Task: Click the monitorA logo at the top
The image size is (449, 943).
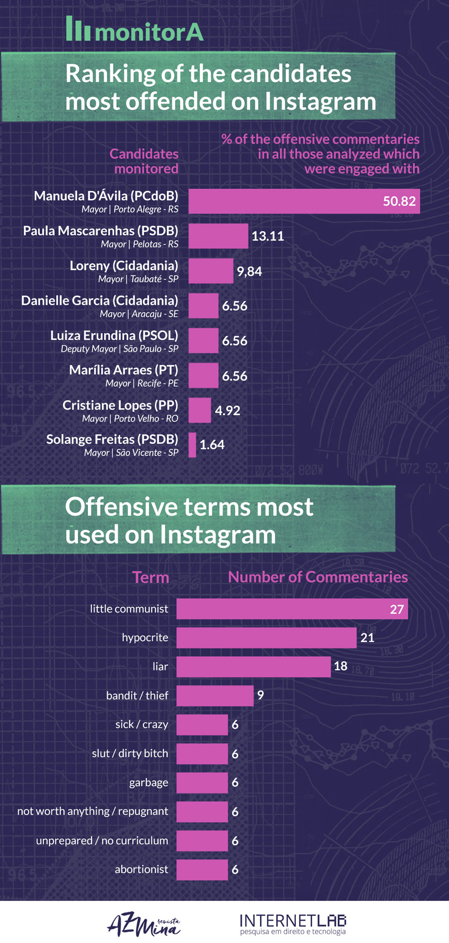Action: tap(135, 30)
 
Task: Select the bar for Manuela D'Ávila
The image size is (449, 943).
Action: tap(303, 202)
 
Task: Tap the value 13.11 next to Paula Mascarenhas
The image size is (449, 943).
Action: tap(268, 236)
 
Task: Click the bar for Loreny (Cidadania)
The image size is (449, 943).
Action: tap(211, 271)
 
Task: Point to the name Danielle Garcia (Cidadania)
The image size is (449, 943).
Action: tap(100, 301)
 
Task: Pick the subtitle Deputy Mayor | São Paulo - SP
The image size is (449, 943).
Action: tap(119, 349)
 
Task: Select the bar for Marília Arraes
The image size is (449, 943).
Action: tap(204, 376)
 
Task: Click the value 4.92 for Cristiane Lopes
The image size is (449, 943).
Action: tap(227, 410)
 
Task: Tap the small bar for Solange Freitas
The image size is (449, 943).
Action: tap(192, 445)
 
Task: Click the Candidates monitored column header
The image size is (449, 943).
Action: tap(144, 161)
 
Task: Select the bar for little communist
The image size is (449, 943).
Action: tap(292, 609)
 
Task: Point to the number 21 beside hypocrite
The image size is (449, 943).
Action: tap(367, 638)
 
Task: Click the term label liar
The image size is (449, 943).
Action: tap(160, 667)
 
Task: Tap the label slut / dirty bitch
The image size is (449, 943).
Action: tap(130, 754)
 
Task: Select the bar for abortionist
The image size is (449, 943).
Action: tap(202, 870)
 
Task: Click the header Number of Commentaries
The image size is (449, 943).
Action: tap(318, 577)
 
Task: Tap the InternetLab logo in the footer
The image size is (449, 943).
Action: tap(293, 924)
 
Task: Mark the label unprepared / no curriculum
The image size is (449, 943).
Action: tap(102, 841)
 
